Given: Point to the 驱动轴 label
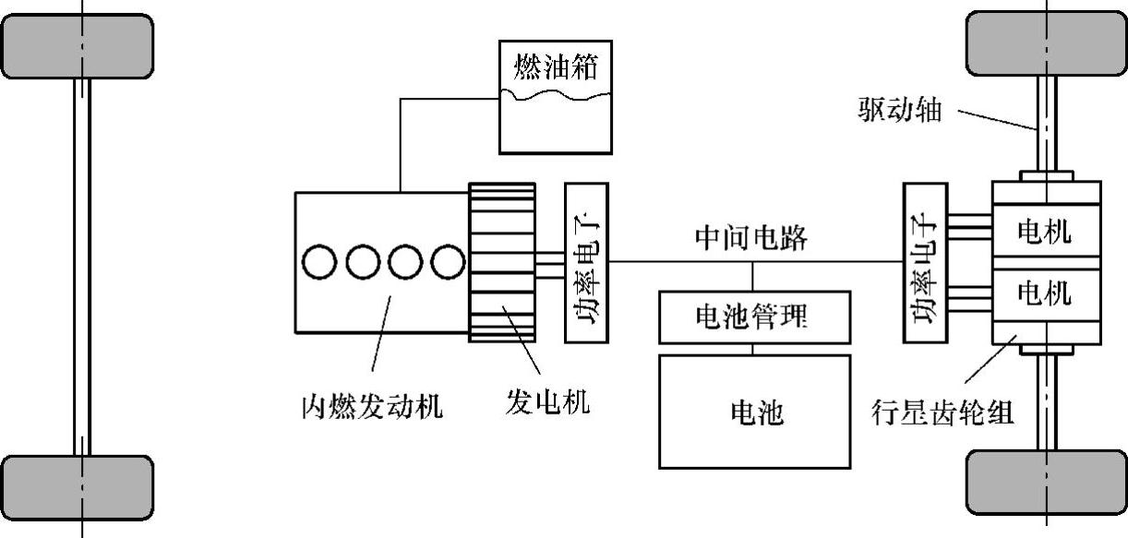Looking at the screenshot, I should coord(901,111).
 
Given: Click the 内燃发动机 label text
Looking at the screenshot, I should coord(372,405).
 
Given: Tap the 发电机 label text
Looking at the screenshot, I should coord(547,402).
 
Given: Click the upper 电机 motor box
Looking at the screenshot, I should coord(1045,232).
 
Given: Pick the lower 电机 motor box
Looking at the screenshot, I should coord(1045,293).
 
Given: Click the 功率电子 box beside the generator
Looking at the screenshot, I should coord(585,262).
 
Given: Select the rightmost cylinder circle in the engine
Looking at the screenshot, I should coord(446,262).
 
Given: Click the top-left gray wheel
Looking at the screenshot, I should coord(78,46).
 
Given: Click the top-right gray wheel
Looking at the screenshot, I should coord(1045,42).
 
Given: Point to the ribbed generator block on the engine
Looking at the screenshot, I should coord(501,262).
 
